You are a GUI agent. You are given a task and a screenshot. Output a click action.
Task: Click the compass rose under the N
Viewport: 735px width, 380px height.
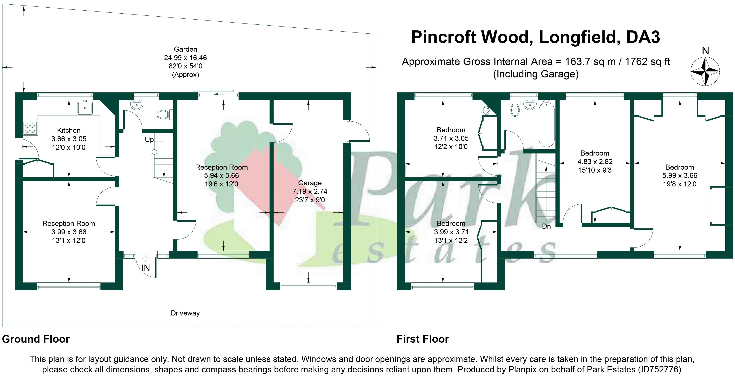point(705,71)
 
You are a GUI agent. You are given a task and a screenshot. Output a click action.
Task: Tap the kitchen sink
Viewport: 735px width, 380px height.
point(85,108)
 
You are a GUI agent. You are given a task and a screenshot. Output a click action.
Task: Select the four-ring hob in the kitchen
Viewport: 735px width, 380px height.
point(30,128)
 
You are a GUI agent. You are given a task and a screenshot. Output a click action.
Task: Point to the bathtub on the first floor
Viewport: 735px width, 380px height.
point(546,124)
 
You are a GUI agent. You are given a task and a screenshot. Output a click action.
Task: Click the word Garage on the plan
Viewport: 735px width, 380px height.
point(310,183)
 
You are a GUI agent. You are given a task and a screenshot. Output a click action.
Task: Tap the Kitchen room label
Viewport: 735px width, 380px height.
point(69,130)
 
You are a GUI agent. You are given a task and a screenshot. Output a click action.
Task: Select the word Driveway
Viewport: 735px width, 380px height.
point(185,313)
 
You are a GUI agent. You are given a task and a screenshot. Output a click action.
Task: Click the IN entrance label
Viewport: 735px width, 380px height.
point(146,268)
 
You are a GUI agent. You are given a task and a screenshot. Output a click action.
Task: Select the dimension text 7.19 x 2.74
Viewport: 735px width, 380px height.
point(310,191)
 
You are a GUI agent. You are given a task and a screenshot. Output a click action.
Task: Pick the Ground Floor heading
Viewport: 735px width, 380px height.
point(36,339)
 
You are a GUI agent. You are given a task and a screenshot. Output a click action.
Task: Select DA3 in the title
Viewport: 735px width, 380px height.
point(643,37)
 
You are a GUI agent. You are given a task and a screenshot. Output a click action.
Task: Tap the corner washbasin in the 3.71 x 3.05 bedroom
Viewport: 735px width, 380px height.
point(486,109)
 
